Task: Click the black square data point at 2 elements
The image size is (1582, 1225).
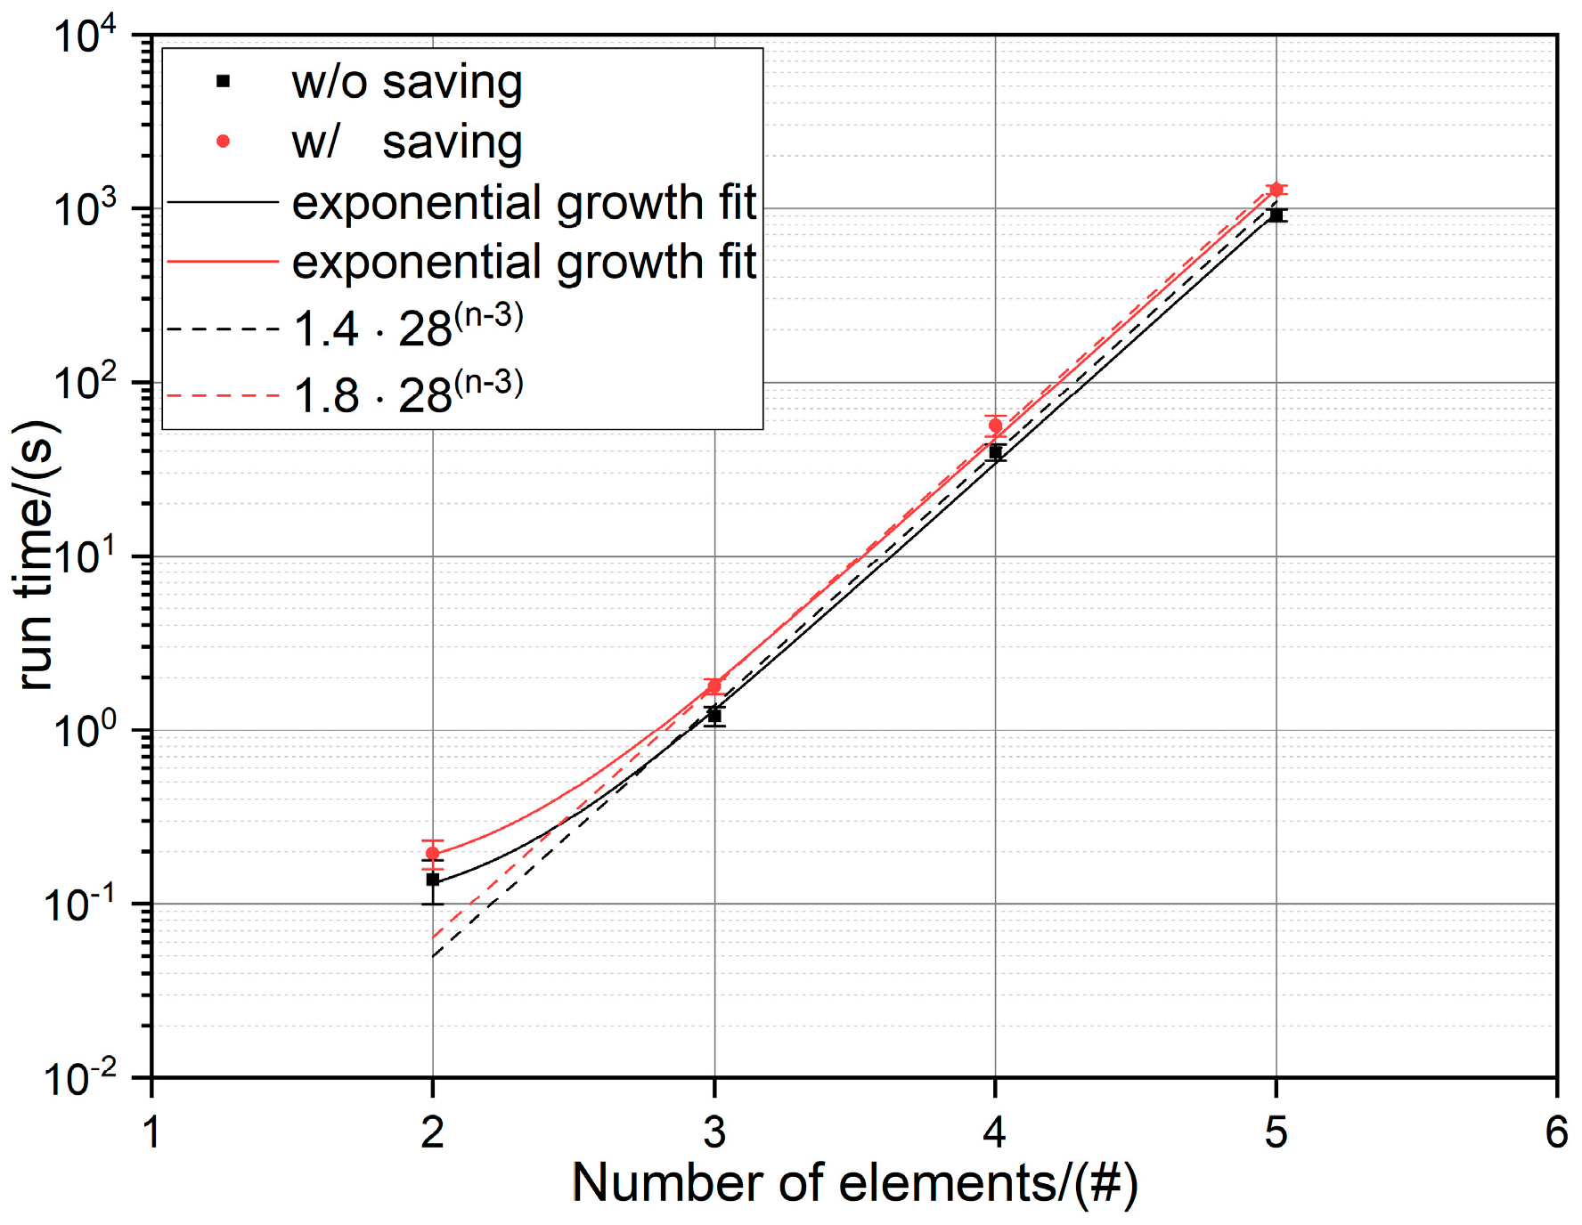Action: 433,880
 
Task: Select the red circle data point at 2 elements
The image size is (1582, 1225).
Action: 433,853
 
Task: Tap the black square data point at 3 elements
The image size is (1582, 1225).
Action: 714,716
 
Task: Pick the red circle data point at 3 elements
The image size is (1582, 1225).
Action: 714,686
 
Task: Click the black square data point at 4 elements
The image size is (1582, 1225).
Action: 995,452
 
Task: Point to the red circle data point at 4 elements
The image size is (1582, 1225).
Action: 995,426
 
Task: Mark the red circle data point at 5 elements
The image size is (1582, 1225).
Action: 1276,190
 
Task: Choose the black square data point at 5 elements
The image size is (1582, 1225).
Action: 1276,215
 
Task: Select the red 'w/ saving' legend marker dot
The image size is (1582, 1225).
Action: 224,142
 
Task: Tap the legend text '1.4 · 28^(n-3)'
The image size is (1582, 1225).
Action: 408,328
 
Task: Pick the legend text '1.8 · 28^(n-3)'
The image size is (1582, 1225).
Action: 408,394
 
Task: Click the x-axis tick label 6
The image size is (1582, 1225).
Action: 1556,1132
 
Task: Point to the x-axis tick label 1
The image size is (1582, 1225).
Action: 151,1132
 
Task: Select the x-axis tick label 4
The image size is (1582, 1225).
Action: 995,1132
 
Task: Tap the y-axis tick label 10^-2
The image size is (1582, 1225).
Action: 80,1079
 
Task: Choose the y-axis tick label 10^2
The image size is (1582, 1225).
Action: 86,384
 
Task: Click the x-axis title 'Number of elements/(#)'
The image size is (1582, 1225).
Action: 854,1184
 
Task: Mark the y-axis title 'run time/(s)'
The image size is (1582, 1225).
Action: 36,555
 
